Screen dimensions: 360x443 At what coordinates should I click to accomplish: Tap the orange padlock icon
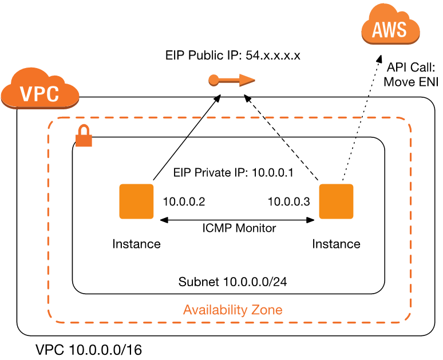(84, 136)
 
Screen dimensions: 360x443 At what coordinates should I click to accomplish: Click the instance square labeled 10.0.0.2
(136, 201)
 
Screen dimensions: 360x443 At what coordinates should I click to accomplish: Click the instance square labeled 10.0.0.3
(336, 201)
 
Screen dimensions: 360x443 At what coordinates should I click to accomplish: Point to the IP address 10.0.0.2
(184, 201)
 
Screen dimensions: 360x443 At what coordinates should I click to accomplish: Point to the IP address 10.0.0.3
(288, 201)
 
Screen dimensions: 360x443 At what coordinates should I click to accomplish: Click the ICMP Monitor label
(239, 228)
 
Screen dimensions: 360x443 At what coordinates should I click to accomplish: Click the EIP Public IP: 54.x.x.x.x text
(233, 56)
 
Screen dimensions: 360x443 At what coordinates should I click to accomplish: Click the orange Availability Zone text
(232, 310)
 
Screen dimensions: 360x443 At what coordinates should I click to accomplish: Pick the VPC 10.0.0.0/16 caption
(88, 349)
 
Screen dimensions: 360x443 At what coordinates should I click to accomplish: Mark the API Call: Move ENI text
(411, 74)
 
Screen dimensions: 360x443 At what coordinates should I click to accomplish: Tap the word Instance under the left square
(136, 244)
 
